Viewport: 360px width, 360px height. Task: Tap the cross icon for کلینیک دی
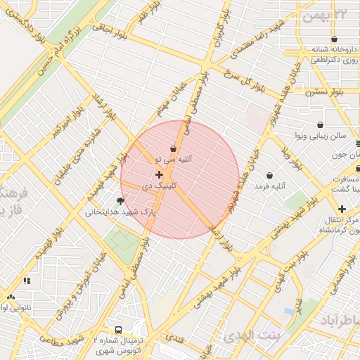[159, 174]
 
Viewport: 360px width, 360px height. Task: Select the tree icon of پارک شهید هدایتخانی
[120, 201]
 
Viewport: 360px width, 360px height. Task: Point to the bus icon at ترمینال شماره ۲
[118, 329]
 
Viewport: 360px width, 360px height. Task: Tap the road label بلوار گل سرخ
[243, 82]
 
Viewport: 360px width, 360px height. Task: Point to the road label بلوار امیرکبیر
[70, 126]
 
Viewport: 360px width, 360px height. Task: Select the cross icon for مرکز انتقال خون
[342, 209]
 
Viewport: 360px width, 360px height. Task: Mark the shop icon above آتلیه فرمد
[270, 174]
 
